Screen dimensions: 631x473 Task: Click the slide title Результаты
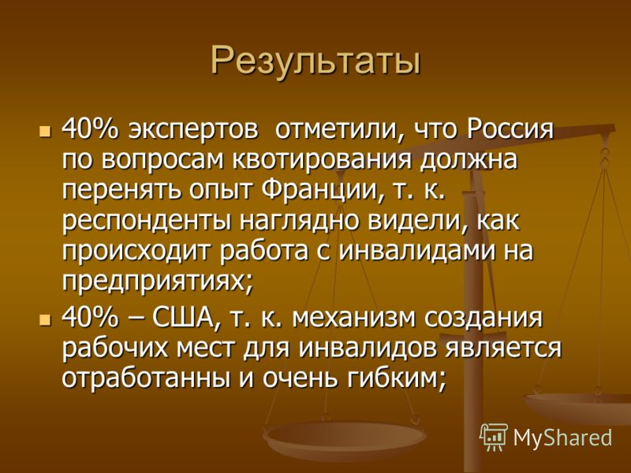316,62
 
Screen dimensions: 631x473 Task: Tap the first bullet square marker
45,131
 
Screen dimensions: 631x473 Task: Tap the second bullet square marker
45,320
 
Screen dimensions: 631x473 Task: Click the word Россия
510,129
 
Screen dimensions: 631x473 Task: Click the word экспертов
193,131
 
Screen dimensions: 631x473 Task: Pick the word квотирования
323,162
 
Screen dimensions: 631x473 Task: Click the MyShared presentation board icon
494,437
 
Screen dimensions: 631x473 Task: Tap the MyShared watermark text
562,438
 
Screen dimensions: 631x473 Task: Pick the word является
503,348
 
